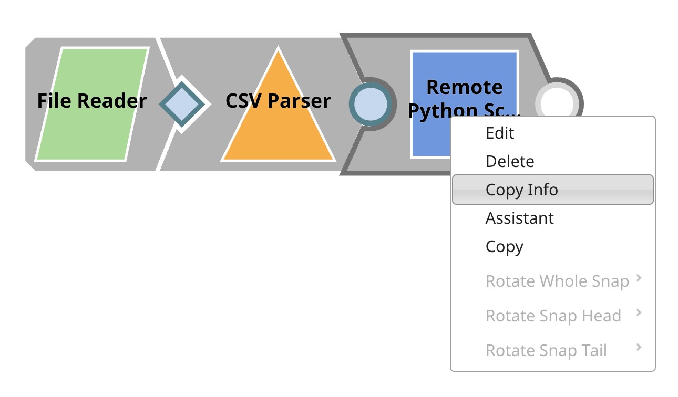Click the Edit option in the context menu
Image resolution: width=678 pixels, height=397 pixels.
pos(500,133)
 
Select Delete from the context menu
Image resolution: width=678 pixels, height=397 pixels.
pos(509,161)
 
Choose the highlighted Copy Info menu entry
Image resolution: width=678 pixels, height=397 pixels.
pos(521,190)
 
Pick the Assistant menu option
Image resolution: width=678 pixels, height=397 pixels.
pos(519,218)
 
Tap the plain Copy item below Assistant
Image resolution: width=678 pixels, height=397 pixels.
pos(504,246)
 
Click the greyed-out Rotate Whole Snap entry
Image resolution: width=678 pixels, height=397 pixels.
pos(557,281)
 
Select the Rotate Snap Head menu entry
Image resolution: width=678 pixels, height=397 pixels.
pos(553,316)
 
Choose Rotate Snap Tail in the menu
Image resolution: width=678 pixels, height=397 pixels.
pos(546,350)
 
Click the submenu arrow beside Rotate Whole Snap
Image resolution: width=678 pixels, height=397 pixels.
pos(639,278)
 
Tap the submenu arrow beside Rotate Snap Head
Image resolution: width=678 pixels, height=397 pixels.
pos(639,313)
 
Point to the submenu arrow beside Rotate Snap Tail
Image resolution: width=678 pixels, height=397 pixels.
pos(639,348)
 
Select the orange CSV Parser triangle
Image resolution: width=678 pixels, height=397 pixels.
pos(278,131)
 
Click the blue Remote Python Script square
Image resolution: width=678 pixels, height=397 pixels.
pos(431,137)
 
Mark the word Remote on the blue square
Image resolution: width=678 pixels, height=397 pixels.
pos(465,87)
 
